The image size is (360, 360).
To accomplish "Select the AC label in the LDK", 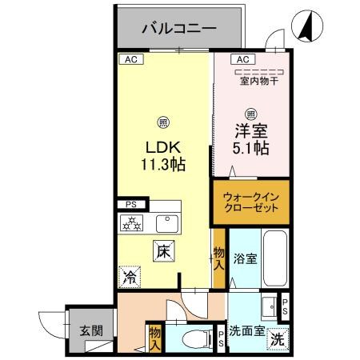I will pyautogui.click(x=129, y=58).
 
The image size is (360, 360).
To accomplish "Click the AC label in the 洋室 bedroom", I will pyautogui.click(x=242, y=58).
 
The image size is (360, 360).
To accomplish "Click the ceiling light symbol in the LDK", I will pyautogui.click(x=163, y=122).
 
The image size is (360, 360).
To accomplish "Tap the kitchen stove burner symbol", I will pyautogui.click(x=130, y=222).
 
